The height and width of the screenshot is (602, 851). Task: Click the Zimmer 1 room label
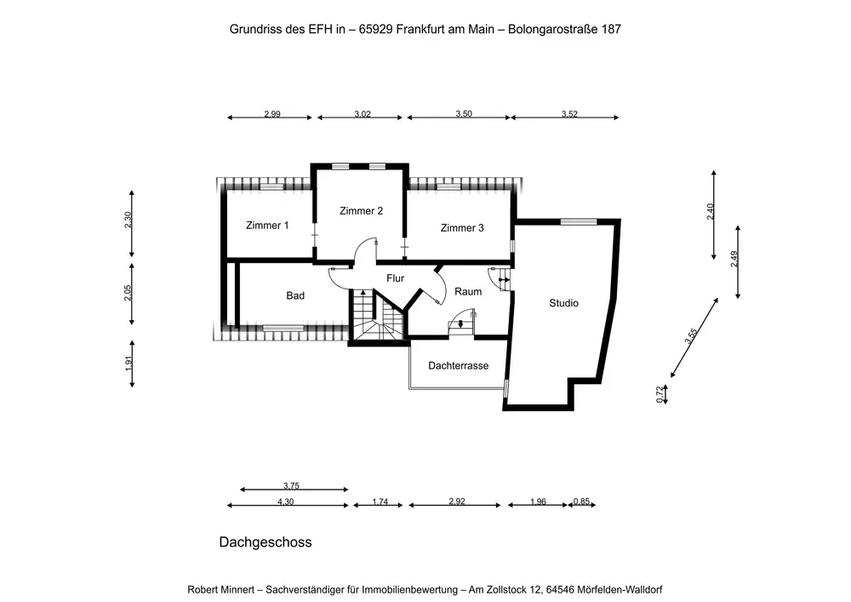[267, 226]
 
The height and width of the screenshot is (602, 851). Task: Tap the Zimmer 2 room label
[361, 210]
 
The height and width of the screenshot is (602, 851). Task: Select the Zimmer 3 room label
[462, 227]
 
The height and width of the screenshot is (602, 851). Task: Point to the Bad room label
[295, 295]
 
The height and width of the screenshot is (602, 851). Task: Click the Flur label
[395, 278]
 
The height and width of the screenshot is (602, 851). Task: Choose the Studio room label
[563, 302]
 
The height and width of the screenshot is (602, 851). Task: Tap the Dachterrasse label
[458, 365]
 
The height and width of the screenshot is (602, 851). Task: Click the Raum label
[468, 291]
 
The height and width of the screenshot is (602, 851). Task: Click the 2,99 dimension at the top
[272, 114]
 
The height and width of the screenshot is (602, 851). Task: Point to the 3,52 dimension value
[569, 114]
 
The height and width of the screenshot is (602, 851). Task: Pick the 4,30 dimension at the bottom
[286, 502]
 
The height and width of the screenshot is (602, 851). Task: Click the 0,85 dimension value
[581, 502]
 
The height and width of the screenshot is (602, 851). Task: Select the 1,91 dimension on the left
[129, 362]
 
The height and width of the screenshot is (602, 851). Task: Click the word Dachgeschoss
[266, 542]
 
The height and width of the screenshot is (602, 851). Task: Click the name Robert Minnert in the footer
[225, 589]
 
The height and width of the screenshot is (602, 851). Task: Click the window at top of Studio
[578, 221]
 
